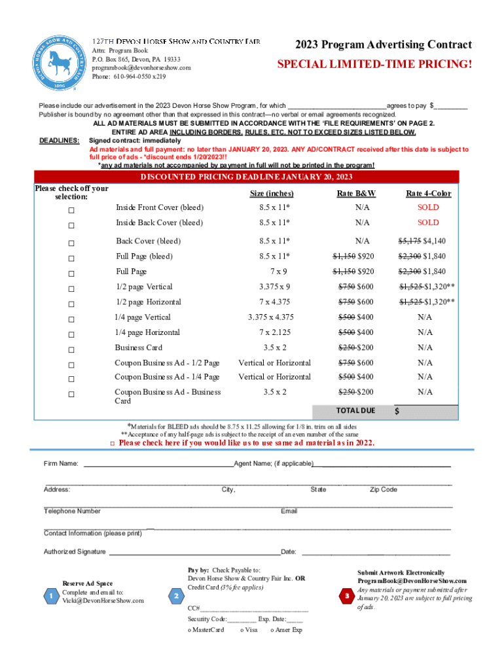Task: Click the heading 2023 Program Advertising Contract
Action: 383,44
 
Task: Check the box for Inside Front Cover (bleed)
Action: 71,210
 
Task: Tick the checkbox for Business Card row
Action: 71,349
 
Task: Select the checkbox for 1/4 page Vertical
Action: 71,319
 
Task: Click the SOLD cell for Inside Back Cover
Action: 428,222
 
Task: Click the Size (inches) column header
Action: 272,194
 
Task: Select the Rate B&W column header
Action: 355,194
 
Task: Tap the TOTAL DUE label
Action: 355,410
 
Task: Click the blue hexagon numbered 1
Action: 50,596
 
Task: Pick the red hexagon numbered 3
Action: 347,596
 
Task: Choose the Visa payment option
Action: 249,630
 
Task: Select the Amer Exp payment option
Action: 286,630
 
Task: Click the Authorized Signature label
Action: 75,552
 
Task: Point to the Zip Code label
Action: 384,489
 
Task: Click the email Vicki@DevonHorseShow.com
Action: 103,601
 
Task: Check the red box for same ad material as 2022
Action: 112,444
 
